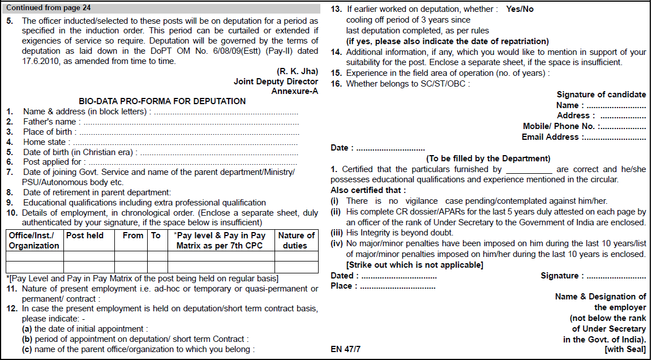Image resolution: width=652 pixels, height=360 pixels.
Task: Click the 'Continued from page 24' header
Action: [48, 8]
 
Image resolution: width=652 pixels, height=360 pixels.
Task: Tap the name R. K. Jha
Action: [297, 71]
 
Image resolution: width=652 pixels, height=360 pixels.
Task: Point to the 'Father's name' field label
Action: [49, 122]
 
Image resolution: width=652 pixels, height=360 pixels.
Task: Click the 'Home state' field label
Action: [44, 142]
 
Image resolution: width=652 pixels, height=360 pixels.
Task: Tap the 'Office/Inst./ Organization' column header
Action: [34, 241]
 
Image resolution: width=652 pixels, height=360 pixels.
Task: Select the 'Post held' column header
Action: [85, 235]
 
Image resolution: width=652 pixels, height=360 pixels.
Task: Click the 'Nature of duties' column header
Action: [296, 241]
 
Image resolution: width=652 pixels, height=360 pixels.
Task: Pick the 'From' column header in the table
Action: [133, 235]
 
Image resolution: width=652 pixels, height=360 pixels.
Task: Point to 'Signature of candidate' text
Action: [601, 95]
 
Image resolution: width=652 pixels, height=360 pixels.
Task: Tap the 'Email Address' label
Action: [550, 137]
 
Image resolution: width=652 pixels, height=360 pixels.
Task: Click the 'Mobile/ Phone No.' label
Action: [559, 126]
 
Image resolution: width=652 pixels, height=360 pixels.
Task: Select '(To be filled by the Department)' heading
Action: [488, 158]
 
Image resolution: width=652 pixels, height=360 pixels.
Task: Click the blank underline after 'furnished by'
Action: [529, 170]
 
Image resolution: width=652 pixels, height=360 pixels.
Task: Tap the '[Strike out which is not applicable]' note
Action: [414, 265]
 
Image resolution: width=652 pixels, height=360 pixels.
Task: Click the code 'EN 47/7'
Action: [345, 349]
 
